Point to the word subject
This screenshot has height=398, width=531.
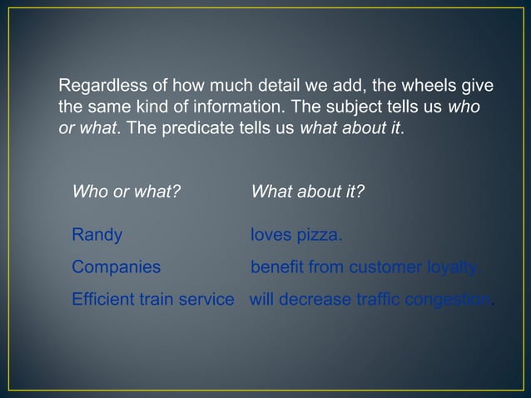359,108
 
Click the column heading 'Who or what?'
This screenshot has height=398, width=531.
127,192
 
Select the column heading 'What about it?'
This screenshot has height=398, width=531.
307,192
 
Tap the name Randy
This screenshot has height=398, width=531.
97,236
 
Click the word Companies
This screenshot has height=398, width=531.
117,267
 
